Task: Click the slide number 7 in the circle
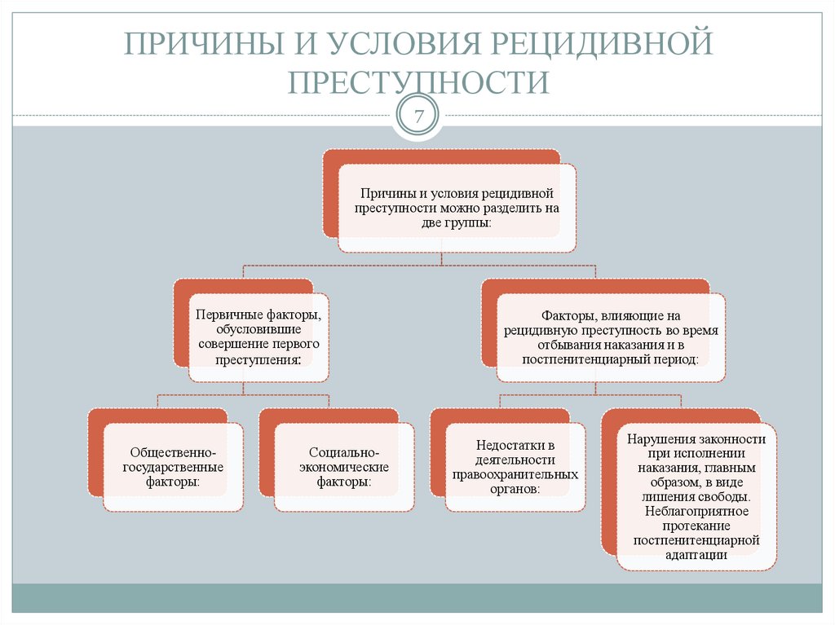point(418,117)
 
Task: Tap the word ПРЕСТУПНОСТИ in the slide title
point(417,82)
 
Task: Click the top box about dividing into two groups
point(457,208)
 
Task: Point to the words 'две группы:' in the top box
point(457,222)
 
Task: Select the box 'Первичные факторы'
point(258,337)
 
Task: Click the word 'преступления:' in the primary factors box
point(259,358)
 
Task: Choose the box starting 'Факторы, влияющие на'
point(610,337)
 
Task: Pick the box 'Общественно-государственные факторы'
point(173,467)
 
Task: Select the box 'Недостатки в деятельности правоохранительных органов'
point(515,467)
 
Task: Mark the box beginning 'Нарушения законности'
point(696,496)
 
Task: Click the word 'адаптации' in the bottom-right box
point(696,554)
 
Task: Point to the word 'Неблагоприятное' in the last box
point(696,511)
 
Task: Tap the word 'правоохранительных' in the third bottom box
point(515,474)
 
